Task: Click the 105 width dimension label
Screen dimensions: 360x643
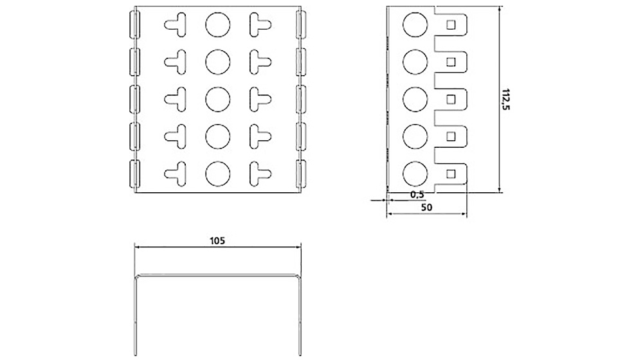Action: coord(217,241)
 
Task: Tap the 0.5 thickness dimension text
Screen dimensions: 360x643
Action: coord(417,195)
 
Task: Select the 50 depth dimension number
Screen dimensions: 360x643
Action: coord(426,208)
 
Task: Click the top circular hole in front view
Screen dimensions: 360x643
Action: coord(217,25)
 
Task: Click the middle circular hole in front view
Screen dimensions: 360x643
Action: coord(217,99)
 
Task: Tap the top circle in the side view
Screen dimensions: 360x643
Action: coord(414,25)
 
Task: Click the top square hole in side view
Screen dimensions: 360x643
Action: coord(451,25)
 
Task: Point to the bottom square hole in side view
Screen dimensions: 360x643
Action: coord(451,172)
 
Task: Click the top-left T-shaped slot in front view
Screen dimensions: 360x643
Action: coord(176,25)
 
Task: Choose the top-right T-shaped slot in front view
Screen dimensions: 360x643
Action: coord(259,25)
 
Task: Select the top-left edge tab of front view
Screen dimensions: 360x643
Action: coord(134,25)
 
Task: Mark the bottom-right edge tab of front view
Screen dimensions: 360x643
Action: coord(301,174)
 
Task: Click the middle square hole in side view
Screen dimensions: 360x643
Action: coord(451,99)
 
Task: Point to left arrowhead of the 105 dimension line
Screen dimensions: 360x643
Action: coord(136,247)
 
